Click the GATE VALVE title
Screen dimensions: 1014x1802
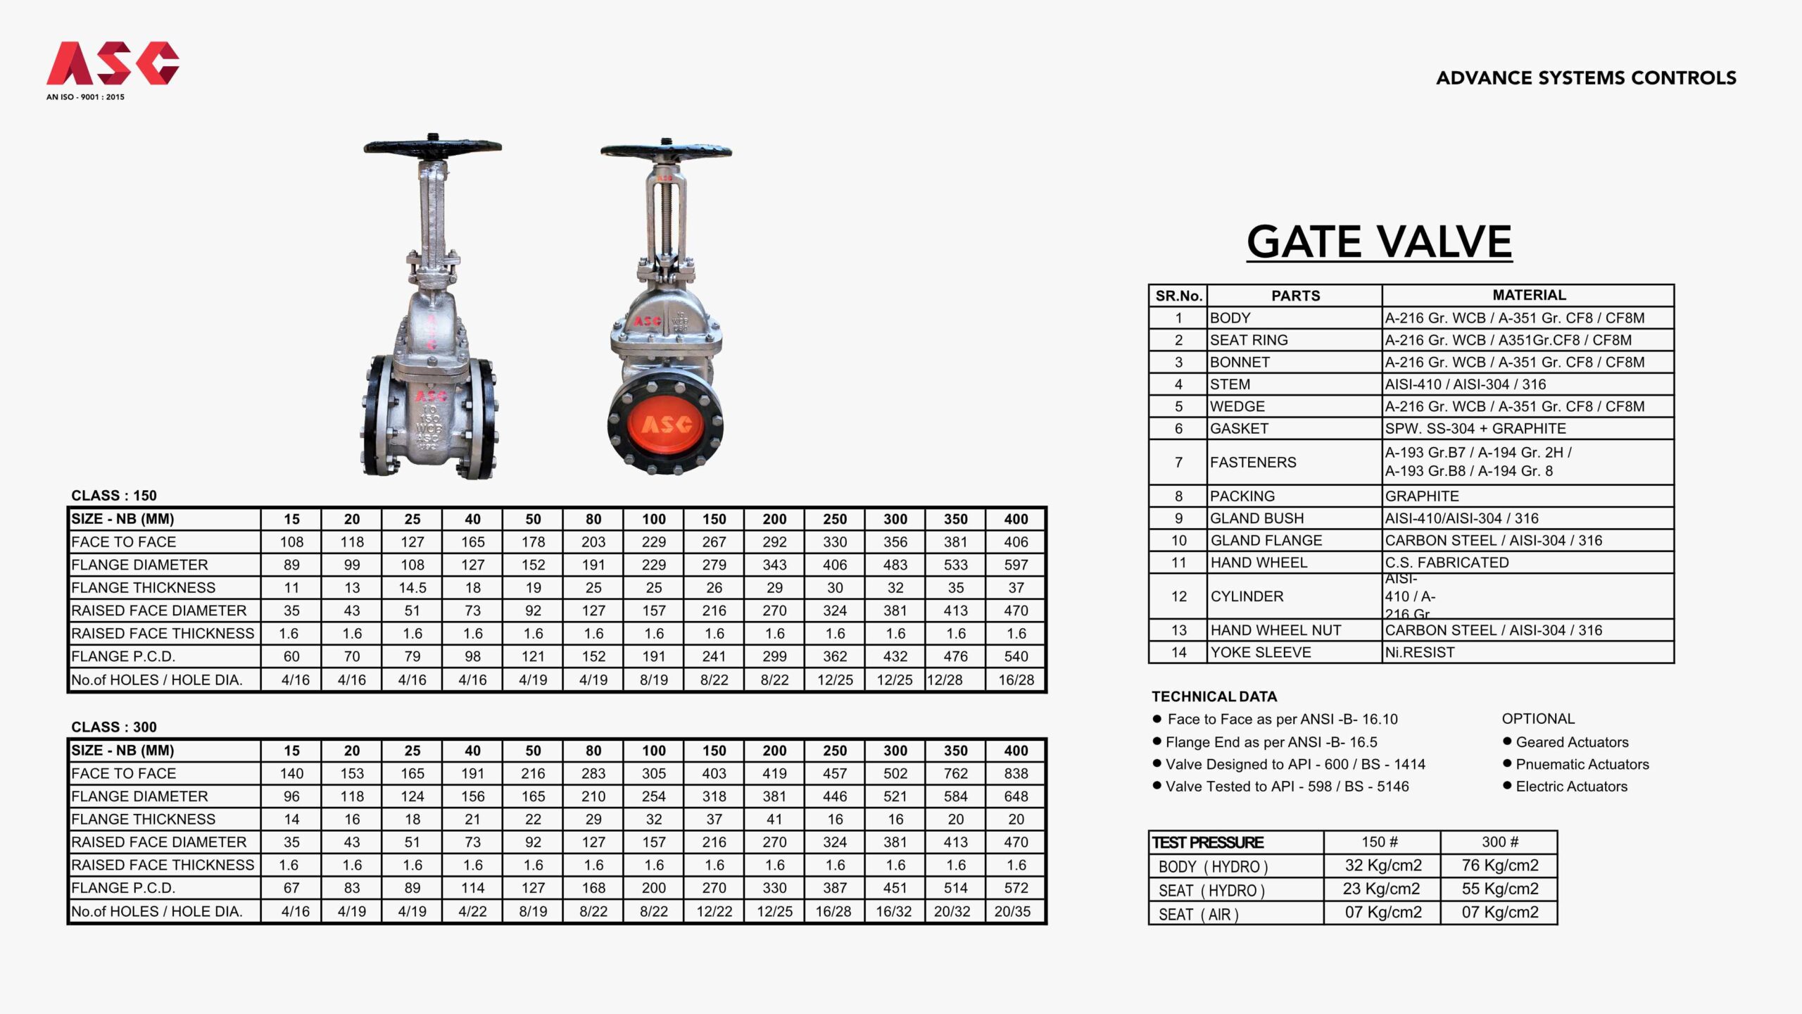(x=1379, y=242)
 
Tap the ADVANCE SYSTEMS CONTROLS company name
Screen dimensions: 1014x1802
(x=1586, y=77)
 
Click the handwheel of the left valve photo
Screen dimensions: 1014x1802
(x=432, y=146)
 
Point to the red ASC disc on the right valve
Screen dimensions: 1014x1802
(x=665, y=425)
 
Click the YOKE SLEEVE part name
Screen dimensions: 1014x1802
(x=1261, y=653)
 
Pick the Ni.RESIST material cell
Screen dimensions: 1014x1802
(x=1419, y=653)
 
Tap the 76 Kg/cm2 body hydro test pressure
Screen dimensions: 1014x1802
(x=1499, y=865)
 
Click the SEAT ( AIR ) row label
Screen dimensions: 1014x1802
(x=1198, y=914)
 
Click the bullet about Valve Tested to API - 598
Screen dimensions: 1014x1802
(x=1287, y=787)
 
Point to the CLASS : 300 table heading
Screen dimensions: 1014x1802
(x=114, y=727)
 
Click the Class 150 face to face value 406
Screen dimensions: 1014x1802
(x=1016, y=542)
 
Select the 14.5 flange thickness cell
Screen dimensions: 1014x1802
(x=412, y=588)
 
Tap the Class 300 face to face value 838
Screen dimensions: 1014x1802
(x=1016, y=774)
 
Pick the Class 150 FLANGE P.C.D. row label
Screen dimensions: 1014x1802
(x=123, y=656)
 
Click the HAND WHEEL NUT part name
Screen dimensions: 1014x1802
(x=1275, y=630)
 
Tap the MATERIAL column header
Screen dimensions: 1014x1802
(x=1529, y=295)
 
